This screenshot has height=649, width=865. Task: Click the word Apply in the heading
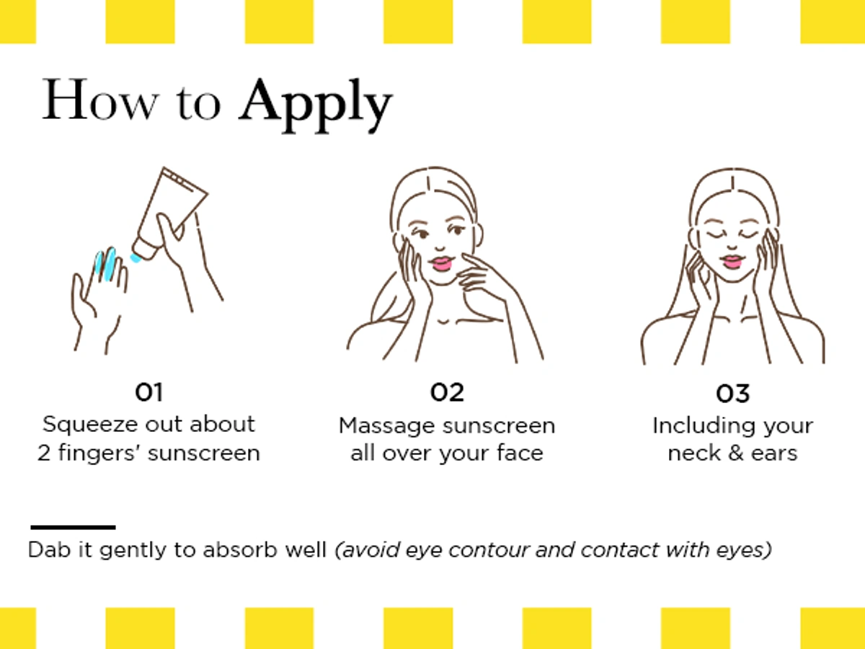316,105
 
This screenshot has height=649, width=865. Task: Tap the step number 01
148,392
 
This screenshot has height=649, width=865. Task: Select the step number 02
447,392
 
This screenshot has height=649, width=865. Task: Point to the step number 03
732,394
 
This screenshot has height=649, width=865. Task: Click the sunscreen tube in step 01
169,213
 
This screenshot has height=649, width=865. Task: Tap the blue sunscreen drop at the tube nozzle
136,258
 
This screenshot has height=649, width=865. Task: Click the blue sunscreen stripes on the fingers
106,263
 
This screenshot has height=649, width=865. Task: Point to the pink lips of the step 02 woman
441,263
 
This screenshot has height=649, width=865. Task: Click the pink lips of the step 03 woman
732,261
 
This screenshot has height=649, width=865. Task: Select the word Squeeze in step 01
90,425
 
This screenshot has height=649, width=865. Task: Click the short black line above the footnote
73,527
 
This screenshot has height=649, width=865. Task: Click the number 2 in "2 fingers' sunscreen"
44,454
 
